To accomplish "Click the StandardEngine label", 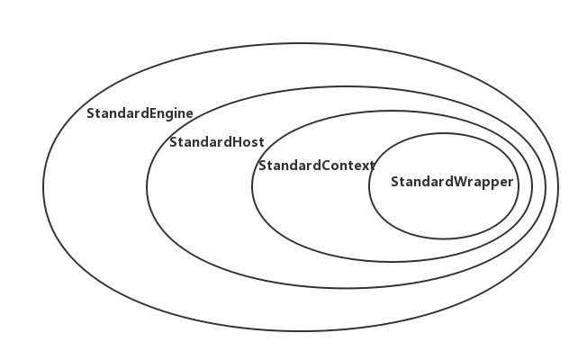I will pos(140,114).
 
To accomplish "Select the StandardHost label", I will pos(216,142).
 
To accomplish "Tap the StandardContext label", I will pos(316,166).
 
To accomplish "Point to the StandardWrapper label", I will pos(452,182).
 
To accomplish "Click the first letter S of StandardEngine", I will pos(90,114).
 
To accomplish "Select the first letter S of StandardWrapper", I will pos(395,182).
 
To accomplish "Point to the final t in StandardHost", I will pos(261,142).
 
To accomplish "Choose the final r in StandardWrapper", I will pos(510,182).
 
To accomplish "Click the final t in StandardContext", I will pos(372,166).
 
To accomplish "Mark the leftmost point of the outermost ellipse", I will pos(42,187).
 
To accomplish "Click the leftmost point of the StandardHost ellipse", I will pos(147,187).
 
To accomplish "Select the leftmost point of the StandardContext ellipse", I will pos(252,186).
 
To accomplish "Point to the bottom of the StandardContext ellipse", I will pos(392,261).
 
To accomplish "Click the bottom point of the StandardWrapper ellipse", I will pos(443,239).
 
